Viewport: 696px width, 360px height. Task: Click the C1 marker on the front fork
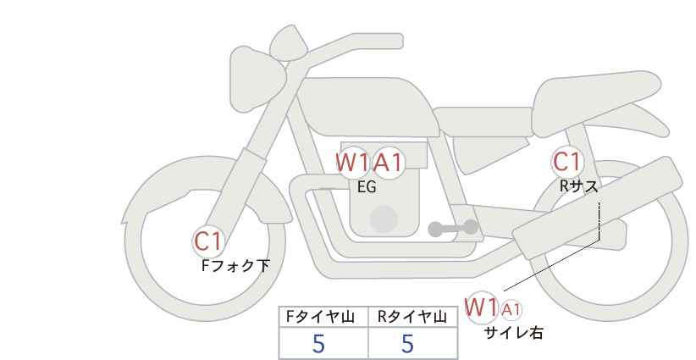click(x=208, y=242)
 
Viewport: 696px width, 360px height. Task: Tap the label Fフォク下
click(x=235, y=266)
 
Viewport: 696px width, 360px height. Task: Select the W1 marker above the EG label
click(x=352, y=163)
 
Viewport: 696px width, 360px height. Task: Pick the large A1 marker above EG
click(x=388, y=163)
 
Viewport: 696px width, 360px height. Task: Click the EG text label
click(x=367, y=187)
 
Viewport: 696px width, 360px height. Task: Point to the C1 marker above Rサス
click(x=566, y=162)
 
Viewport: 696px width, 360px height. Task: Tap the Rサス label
click(x=579, y=186)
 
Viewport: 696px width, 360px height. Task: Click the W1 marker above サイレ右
click(x=481, y=307)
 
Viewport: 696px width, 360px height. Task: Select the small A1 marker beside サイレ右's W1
click(x=511, y=310)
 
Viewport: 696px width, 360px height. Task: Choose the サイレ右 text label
click(x=513, y=333)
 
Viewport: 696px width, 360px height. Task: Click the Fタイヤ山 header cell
click(x=323, y=317)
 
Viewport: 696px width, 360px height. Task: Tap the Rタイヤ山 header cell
click(x=413, y=317)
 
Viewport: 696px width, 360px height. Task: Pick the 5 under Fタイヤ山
click(x=318, y=344)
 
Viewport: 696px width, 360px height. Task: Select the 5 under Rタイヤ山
click(x=407, y=344)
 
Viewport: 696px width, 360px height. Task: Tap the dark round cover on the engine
click(x=384, y=219)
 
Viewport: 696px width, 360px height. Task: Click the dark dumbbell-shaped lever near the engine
click(x=453, y=228)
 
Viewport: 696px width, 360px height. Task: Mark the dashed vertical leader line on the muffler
click(x=599, y=221)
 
